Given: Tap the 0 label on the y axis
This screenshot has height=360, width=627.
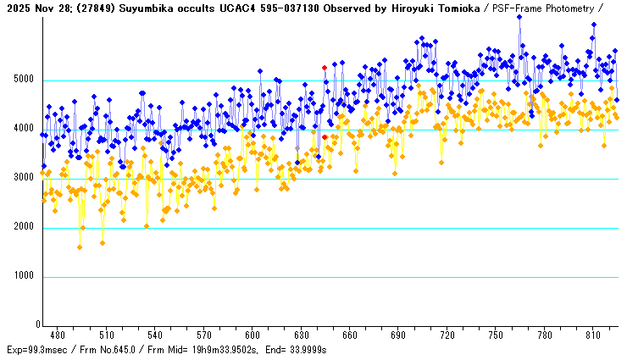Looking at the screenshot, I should point(37,325).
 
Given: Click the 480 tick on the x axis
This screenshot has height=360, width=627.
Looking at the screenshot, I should point(58,335).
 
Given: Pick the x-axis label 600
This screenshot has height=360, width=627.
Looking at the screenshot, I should point(252,335).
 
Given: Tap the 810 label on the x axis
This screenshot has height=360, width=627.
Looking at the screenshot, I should point(593,335).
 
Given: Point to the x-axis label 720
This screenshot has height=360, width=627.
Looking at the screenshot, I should point(447,335).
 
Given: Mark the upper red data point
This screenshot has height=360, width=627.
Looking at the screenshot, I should point(325,67).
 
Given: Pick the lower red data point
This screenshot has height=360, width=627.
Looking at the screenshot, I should point(325,136).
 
